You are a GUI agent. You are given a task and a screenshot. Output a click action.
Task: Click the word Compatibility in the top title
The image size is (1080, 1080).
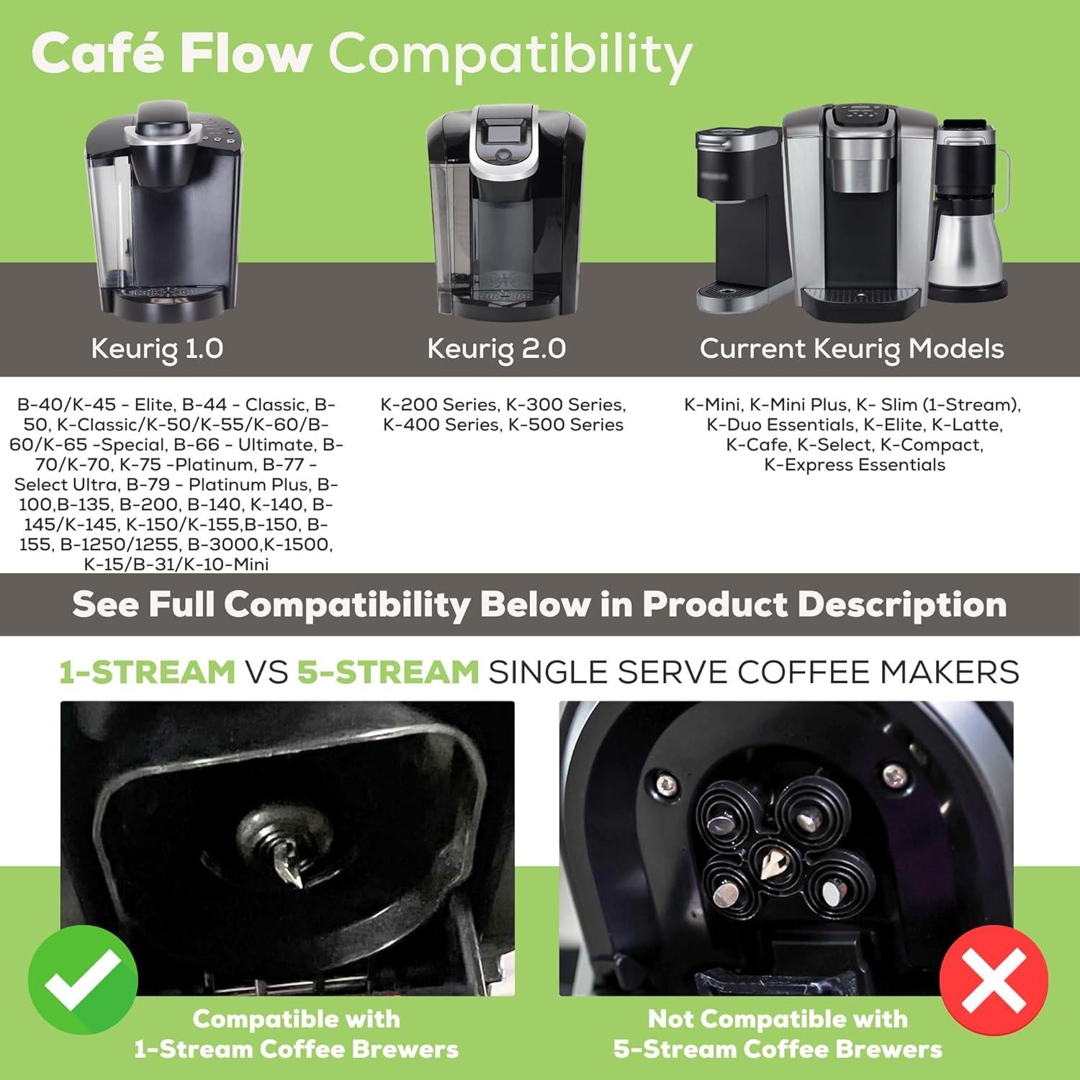pyautogui.click(x=510, y=55)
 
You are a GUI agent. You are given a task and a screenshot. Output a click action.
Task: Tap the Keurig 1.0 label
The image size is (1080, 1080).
pyautogui.click(x=157, y=348)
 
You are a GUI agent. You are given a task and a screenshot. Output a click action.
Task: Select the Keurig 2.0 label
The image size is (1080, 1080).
pyautogui.click(x=496, y=348)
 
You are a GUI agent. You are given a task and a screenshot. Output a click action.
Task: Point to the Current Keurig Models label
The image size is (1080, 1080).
pyautogui.click(x=852, y=348)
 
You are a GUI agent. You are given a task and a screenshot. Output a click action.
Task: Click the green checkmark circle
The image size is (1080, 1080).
pyautogui.click(x=83, y=980)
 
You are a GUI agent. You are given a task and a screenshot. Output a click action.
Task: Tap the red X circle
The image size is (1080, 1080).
pyautogui.click(x=994, y=979)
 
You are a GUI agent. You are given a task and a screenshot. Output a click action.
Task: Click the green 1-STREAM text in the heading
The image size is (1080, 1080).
pyautogui.click(x=148, y=672)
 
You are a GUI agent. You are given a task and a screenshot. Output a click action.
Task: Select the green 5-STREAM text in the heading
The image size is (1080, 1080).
pyautogui.click(x=388, y=672)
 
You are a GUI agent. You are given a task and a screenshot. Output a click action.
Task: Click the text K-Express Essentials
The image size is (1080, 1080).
pyautogui.click(x=855, y=465)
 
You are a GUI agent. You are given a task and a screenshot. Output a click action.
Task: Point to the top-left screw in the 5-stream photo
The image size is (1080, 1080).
pyautogui.click(x=665, y=781)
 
